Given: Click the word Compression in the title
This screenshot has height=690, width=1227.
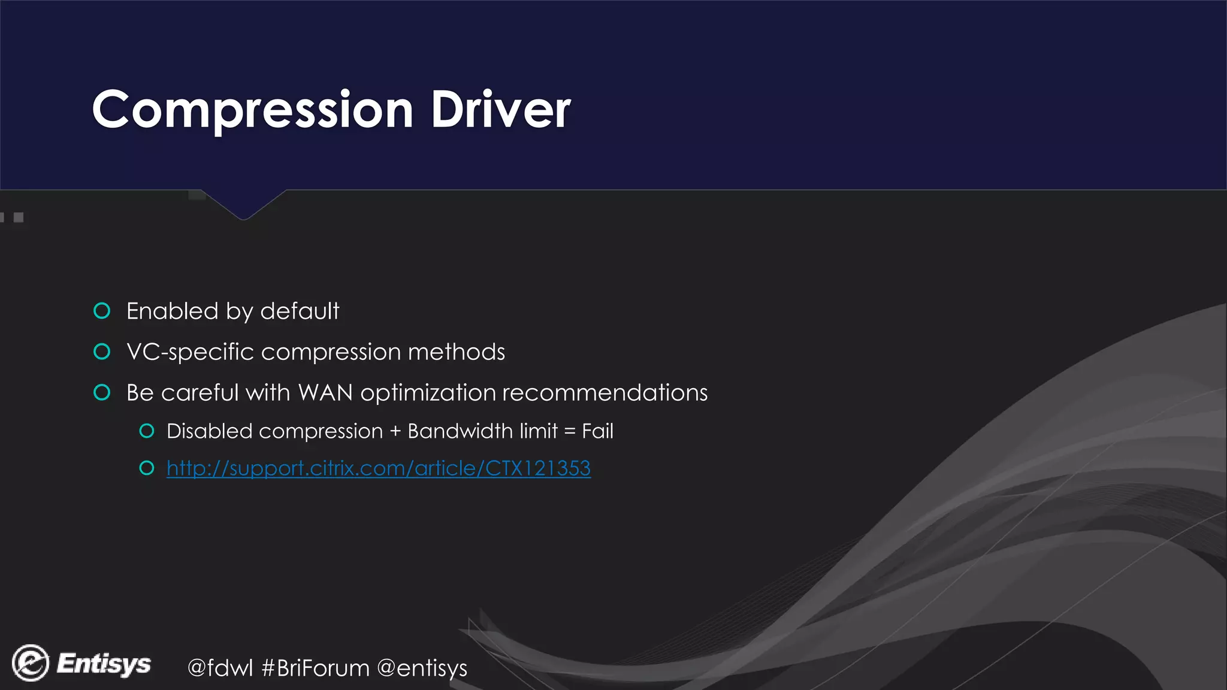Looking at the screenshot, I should click(x=252, y=110).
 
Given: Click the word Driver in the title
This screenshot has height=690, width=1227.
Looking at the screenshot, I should click(x=500, y=110).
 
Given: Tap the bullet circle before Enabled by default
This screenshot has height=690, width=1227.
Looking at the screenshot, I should click(x=102, y=311).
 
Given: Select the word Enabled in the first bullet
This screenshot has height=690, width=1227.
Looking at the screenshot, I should click(x=173, y=311).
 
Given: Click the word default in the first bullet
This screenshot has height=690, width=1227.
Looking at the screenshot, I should click(x=300, y=311).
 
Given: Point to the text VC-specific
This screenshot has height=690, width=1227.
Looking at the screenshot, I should click(x=191, y=352).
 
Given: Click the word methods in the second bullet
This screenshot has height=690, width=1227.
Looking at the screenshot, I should click(x=456, y=352).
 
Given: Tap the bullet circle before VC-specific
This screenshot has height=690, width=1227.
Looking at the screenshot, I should click(x=102, y=352).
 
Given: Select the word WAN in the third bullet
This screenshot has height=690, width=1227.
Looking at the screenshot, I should click(x=325, y=393).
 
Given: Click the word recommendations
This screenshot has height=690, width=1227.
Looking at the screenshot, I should click(x=605, y=393).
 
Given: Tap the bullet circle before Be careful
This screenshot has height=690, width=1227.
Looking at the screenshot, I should click(x=102, y=392).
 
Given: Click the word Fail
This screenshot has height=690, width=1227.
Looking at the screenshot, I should click(x=597, y=431).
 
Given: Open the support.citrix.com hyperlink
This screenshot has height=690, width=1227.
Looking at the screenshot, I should click(x=378, y=468).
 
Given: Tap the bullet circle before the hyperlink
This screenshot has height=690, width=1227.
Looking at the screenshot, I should click(x=147, y=468).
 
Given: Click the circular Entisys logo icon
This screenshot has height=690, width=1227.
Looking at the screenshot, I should click(x=31, y=663).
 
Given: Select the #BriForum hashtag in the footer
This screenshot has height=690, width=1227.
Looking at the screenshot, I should click(x=315, y=668).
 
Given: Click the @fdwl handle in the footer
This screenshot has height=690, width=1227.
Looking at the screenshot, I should click(x=220, y=668).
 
